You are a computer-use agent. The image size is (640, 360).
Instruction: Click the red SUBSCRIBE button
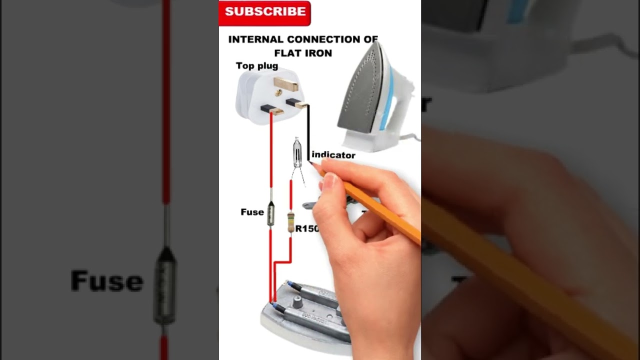pos(265,12)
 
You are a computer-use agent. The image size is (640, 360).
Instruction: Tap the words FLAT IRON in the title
pos(303,53)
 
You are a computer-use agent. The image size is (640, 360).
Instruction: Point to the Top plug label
pos(257,66)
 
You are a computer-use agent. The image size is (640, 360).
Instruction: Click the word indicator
pos(333,155)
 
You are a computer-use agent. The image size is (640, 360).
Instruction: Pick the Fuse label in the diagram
pos(252,212)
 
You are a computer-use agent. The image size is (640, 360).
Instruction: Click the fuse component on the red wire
pos(270,212)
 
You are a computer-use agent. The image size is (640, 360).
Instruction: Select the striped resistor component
pos(290,222)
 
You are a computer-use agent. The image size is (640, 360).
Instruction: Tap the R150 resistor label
pos(306,229)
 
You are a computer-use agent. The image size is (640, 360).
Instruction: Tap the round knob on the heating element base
pos(298,301)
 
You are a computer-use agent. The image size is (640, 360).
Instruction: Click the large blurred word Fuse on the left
pos(106,281)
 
